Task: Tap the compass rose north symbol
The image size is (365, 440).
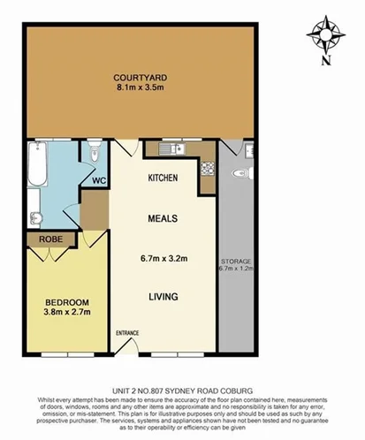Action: click(x=326, y=34)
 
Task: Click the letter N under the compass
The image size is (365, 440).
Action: click(x=326, y=61)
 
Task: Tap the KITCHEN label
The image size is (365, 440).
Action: click(x=163, y=178)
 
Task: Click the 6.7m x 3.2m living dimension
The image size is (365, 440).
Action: click(x=166, y=259)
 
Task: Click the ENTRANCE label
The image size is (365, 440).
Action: click(x=127, y=333)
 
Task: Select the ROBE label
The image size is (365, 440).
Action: click(x=43, y=239)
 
